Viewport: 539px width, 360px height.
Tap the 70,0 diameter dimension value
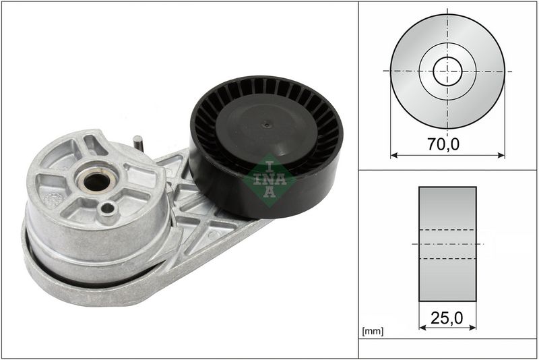[447, 143]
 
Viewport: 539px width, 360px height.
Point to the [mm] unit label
[373, 332]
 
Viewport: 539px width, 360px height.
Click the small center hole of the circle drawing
[447, 71]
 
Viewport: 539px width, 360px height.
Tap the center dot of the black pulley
[267, 124]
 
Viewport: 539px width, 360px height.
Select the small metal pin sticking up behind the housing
[137, 142]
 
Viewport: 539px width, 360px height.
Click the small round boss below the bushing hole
[107, 211]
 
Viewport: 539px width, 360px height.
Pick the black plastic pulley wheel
[266, 145]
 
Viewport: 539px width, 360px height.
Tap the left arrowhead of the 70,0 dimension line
[393, 155]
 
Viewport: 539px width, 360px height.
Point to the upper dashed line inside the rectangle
[447, 230]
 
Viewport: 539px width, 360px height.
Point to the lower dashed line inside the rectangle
[447, 258]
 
